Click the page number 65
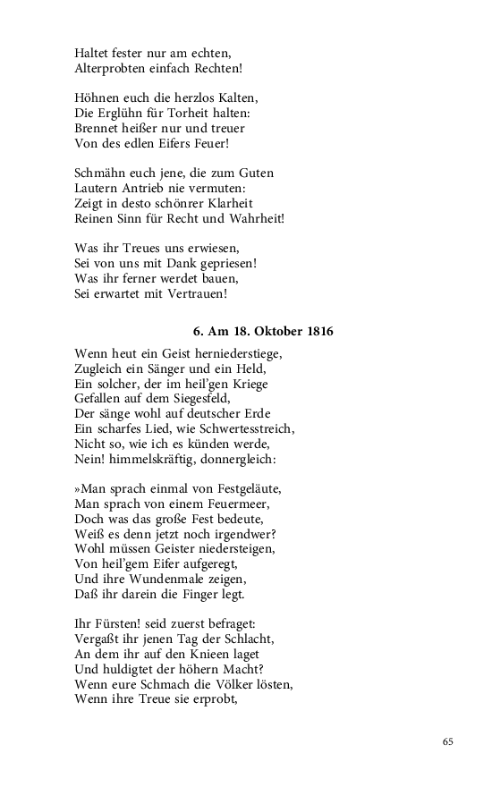447,740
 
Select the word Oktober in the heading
268,332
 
